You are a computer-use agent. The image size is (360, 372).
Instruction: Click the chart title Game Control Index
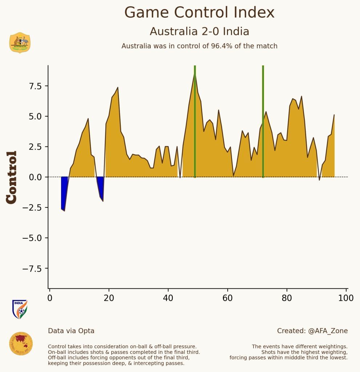199,13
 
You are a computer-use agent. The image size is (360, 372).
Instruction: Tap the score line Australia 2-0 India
199,32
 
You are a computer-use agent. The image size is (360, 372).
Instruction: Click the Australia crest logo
20,43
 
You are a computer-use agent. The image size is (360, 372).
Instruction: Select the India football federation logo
20,309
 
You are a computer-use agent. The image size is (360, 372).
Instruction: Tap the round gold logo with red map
21,344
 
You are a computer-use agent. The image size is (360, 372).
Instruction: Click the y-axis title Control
12,177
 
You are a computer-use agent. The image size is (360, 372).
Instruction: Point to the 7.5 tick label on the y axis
36,86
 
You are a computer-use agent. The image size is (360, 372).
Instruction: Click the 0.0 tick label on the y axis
36,177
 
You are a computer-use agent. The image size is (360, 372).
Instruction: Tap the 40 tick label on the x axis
168,298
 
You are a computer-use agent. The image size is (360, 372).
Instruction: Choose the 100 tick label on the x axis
346,298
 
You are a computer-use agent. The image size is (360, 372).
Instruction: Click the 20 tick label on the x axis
109,298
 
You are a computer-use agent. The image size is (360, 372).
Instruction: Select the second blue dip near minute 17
101,187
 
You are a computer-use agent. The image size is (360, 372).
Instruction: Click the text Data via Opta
71,331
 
